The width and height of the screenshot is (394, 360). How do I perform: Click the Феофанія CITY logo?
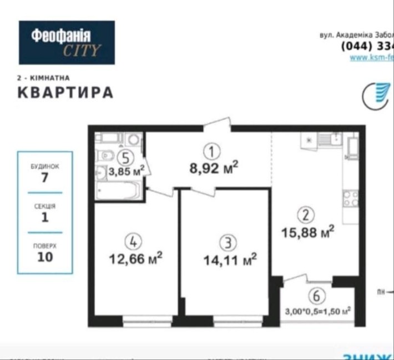67,43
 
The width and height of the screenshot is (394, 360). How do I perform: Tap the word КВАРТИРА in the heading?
65,92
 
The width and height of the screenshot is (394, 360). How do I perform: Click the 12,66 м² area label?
136,257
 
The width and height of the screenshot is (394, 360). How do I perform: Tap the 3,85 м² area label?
127,171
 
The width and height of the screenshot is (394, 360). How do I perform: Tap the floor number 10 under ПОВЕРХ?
45,257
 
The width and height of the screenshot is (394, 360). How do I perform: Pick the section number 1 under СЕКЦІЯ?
45,217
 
